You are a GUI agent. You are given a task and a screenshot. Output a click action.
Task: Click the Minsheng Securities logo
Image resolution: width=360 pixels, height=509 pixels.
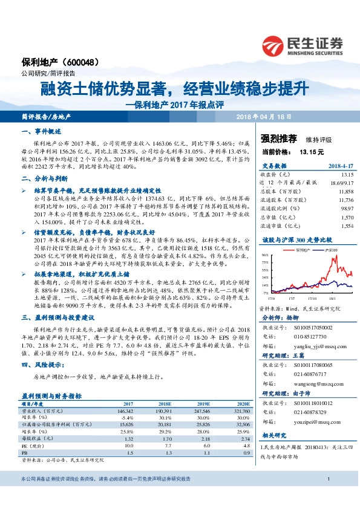(303, 45)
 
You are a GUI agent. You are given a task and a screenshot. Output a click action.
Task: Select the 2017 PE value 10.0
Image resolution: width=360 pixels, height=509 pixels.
(128, 427)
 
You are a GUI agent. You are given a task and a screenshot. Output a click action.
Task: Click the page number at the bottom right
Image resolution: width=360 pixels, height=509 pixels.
(327, 496)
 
